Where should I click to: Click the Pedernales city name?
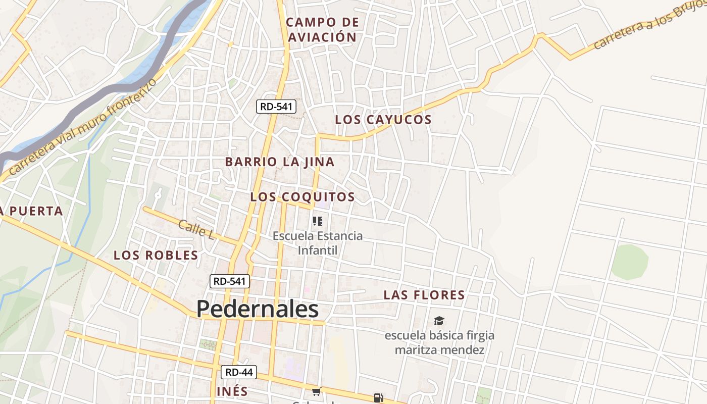point(258,309)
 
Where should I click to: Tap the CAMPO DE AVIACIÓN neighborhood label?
point(322,29)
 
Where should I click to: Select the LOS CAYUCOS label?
point(383,120)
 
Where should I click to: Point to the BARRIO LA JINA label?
point(280,162)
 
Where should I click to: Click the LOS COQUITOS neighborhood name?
point(302,197)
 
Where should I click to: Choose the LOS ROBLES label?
point(156,255)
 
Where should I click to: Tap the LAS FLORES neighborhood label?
point(424,295)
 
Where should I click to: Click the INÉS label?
point(232,391)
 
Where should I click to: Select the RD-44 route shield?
point(239,372)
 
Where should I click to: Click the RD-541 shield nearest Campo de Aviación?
point(276,107)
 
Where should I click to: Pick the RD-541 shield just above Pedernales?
point(230,281)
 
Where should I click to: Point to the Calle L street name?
point(196,229)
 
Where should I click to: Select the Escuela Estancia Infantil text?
point(318,243)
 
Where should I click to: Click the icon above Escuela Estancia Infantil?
point(317,221)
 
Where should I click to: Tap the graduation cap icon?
point(439,321)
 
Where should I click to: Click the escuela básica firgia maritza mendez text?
point(439,342)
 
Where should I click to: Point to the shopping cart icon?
point(317,391)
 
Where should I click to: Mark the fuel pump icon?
point(378,397)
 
